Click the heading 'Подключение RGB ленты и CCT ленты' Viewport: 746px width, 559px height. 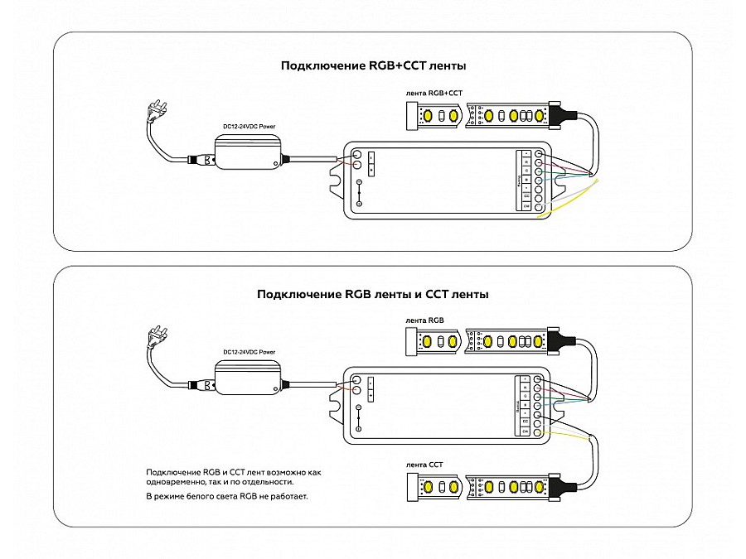coord(372,294)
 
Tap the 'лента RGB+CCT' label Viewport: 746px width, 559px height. coord(434,94)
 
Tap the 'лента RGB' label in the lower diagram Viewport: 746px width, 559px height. coord(425,320)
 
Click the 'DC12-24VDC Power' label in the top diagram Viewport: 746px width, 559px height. coord(249,126)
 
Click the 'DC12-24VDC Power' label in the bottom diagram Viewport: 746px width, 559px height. coord(249,352)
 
